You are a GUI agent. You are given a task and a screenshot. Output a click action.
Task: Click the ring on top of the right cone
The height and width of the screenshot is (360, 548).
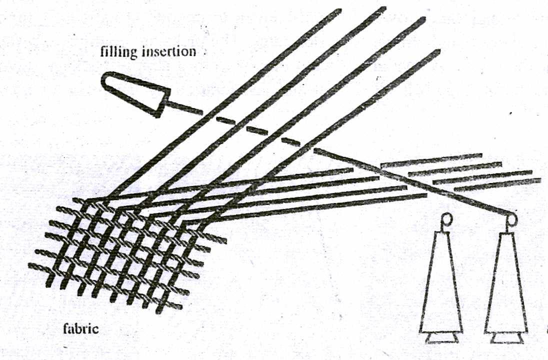click(511, 218)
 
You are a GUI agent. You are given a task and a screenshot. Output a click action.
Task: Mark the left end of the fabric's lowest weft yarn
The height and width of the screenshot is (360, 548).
click(31, 265)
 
